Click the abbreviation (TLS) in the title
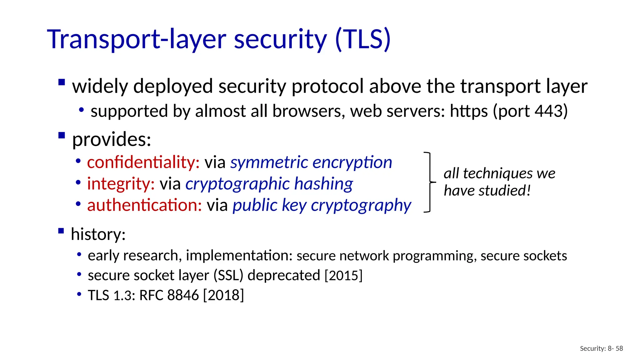pyautogui.click(x=362, y=40)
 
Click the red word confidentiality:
pyautogui.click(x=143, y=162)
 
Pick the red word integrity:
pyautogui.click(x=121, y=183)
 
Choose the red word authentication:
pyautogui.click(x=144, y=205)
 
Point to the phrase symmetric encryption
pyautogui.click(x=311, y=162)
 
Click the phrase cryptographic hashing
pyautogui.click(x=269, y=183)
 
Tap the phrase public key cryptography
pyautogui.click(x=322, y=205)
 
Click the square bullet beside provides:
pyautogui.click(x=62, y=136)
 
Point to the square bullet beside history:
pyautogui.click(x=61, y=231)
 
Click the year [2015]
pyautogui.click(x=343, y=275)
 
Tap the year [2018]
pyautogui.click(x=223, y=295)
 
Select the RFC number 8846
pyautogui.click(x=183, y=295)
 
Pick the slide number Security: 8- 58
pyautogui.click(x=601, y=348)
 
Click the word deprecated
pyautogui.click(x=284, y=275)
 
